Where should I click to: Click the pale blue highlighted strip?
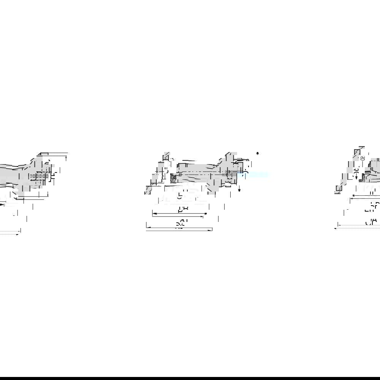[x=255, y=175]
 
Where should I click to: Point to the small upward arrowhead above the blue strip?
[x=258, y=154]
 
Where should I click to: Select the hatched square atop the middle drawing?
[x=166, y=157]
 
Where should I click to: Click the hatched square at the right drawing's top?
[x=357, y=152]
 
